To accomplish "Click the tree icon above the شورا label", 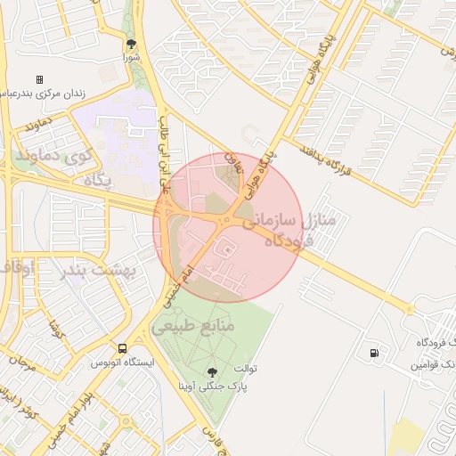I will (x=131, y=43).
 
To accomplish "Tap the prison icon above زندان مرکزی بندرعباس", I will (x=39, y=79).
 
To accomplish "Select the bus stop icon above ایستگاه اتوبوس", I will (x=121, y=348).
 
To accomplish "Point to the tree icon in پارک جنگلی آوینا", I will (x=213, y=372).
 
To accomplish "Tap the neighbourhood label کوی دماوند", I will (x=54, y=157).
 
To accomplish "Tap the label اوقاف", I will (x=16, y=266).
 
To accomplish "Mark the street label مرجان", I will (x=21, y=362).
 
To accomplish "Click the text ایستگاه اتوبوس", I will (x=122, y=363).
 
